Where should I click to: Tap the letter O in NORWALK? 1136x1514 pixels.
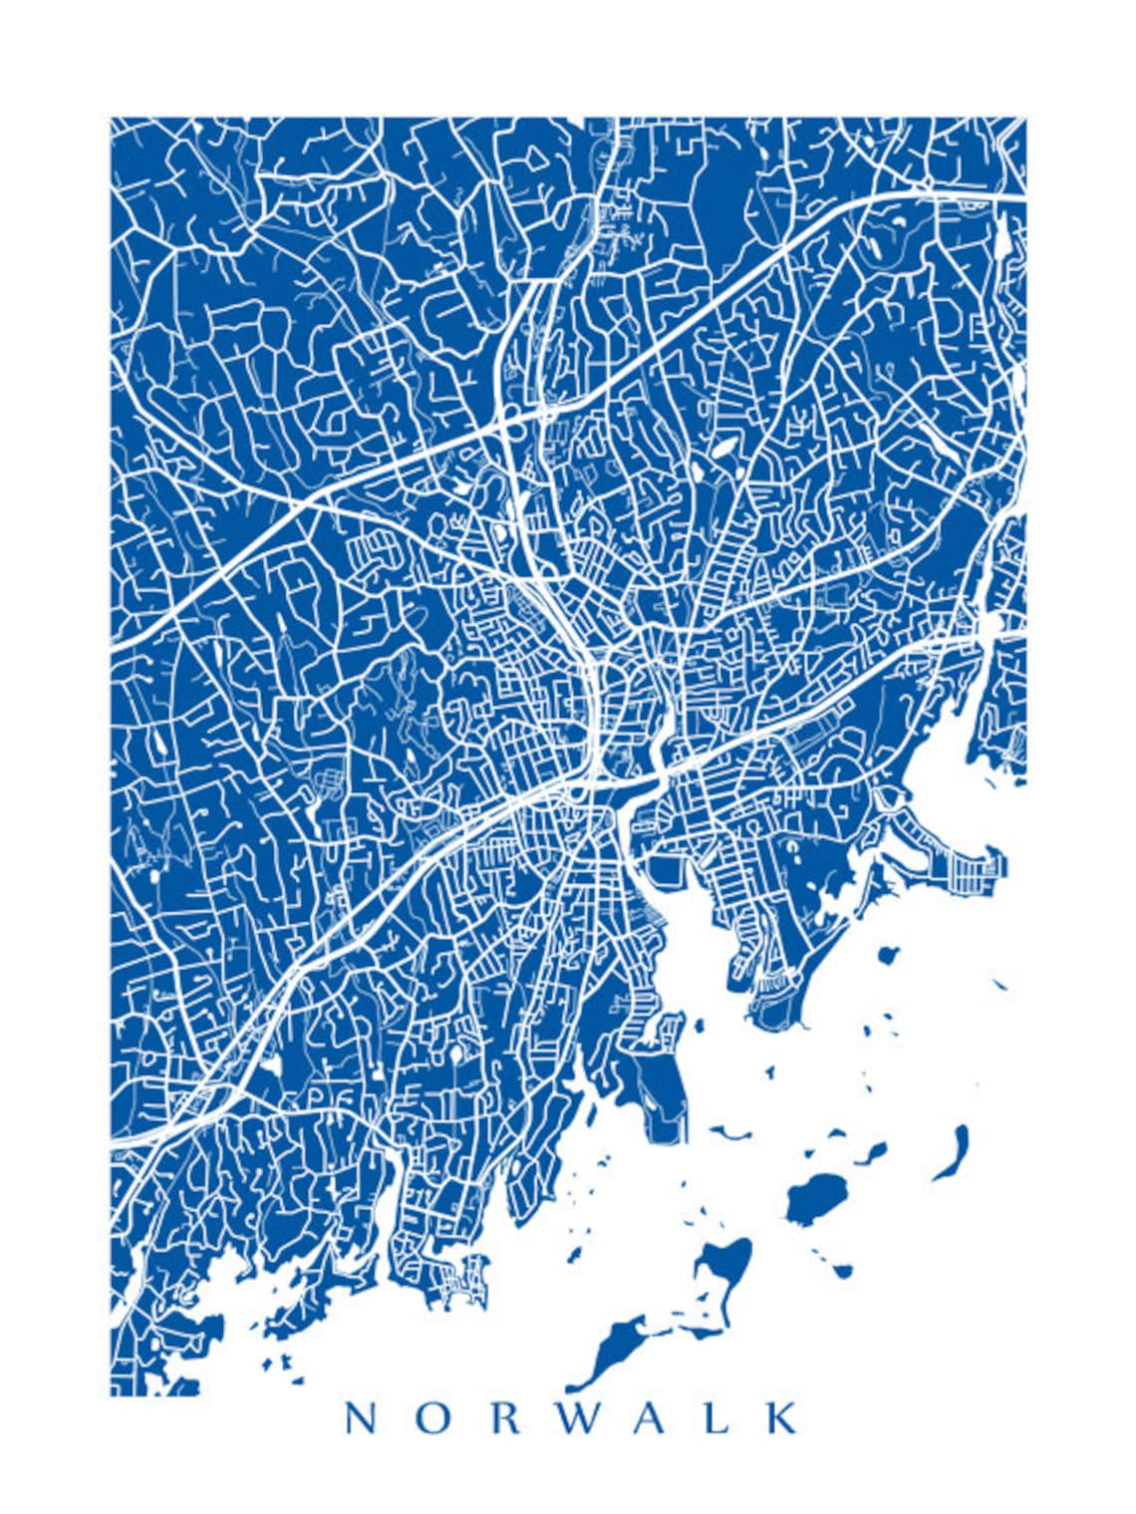click(430, 1418)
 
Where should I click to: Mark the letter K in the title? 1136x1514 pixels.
click(782, 1418)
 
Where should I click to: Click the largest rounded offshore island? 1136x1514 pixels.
click(817, 1197)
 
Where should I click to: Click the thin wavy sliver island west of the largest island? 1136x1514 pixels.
click(730, 1133)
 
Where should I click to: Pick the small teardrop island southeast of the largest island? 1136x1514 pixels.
click(842, 1271)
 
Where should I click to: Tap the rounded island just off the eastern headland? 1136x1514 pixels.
click(888, 956)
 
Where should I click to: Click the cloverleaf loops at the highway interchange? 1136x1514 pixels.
click(517, 416)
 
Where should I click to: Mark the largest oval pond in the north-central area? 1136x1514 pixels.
click(723, 448)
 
